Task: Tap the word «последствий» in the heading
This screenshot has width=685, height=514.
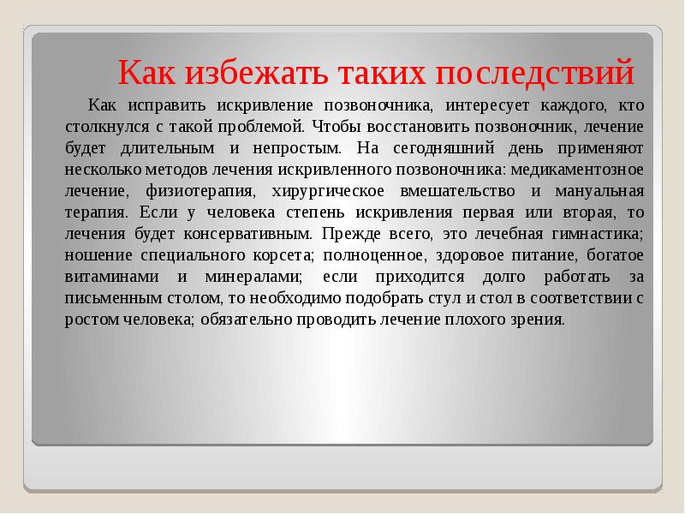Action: tap(536, 72)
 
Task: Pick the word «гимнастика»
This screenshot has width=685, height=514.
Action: tap(596, 233)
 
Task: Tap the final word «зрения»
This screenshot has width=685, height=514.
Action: tap(541, 319)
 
